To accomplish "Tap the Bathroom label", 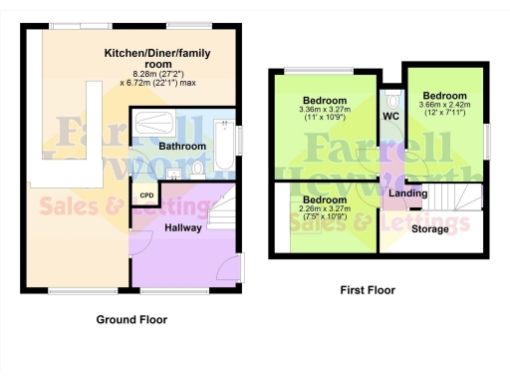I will [x=182, y=147].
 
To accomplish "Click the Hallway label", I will [x=183, y=228].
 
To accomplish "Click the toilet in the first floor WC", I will [x=391, y=101].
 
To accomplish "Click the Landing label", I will [x=408, y=192].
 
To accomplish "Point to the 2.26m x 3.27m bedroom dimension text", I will [x=324, y=216].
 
